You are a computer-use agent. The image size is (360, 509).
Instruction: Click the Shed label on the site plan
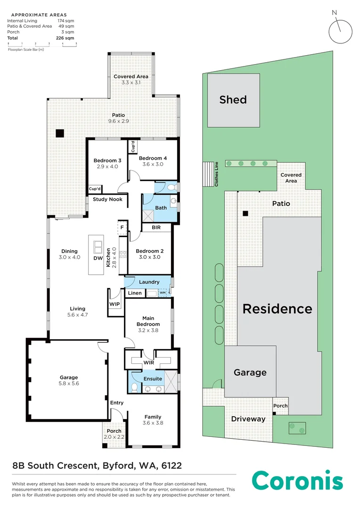(x=233, y=99)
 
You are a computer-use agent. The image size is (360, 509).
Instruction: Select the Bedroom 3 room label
(x=107, y=160)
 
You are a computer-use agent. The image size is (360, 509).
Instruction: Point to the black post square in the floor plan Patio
(x=60, y=133)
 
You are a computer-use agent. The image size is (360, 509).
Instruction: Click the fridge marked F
(x=122, y=227)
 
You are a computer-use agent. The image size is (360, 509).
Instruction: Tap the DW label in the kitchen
(x=98, y=258)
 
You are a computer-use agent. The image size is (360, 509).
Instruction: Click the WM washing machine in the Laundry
(x=162, y=293)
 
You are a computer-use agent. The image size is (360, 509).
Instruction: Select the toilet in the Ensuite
(x=134, y=387)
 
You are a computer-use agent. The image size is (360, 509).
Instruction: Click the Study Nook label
(x=107, y=199)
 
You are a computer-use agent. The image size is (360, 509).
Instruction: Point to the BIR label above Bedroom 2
(x=156, y=228)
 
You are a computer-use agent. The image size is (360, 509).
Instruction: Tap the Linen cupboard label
(x=135, y=293)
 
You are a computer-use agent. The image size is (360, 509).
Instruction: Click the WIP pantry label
(x=115, y=304)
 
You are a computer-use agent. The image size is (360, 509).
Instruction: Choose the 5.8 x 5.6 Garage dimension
(x=69, y=383)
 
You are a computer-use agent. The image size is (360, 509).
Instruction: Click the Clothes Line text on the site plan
(x=217, y=174)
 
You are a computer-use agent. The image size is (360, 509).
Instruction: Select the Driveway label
(x=248, y=419)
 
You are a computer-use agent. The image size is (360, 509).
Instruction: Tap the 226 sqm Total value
(x=65, y=38)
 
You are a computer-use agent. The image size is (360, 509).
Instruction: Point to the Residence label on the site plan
(x=278, y=309)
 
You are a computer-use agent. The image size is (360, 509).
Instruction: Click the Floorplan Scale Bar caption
(x=26, y=49)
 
